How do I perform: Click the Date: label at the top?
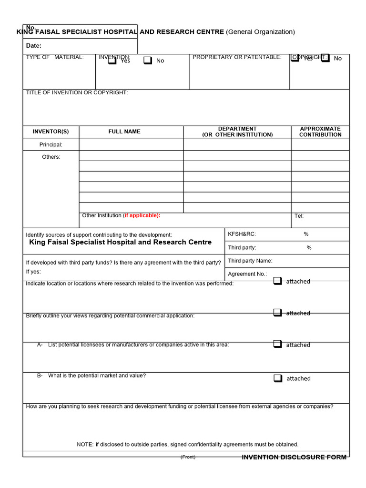click(34, 46)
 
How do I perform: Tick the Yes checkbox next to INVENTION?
click(112, 61)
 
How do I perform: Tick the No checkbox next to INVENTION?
click(148, 61)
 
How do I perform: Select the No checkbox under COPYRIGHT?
click(325, 58)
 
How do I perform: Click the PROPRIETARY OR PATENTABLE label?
click(237, 57)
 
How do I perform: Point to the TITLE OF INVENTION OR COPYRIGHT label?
click(77, 92)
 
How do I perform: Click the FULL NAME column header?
click(124, 132)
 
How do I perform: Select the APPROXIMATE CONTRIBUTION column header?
click(320, 132)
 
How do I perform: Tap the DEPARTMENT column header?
click(237, 132)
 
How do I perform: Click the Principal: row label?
click(51, 144)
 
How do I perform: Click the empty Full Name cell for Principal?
click(131, 144)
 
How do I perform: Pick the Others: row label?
click(51, 157)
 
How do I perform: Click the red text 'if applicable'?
click(142, 215)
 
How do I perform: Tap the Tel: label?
click(299, 216)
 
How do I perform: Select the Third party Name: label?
click(250, 261)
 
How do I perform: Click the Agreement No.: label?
click(247, 274)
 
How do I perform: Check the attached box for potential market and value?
click(278, 378)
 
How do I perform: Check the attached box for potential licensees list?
click(278, 344)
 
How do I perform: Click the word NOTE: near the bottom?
click(85, 444)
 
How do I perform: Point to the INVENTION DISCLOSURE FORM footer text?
click(294, 457)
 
